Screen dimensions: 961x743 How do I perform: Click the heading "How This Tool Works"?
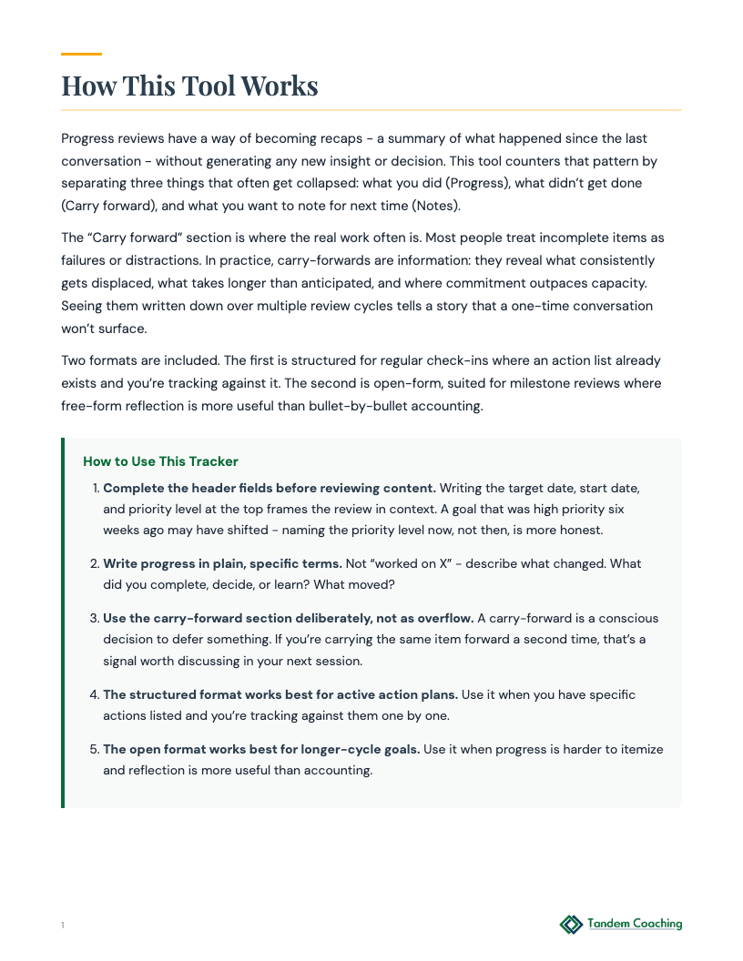coord(189,86)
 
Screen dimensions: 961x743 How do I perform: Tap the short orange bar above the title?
coord(81,55)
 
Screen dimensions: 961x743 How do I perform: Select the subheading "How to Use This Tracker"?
coord(160,461)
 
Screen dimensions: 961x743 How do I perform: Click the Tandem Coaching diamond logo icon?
coord(571,925)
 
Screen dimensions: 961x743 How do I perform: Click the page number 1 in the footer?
coord(63,926)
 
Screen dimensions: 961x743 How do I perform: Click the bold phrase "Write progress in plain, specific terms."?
coord(222,563)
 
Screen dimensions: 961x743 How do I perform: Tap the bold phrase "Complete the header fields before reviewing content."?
coord(270,488)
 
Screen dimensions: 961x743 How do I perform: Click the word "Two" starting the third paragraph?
coord(74,360)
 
